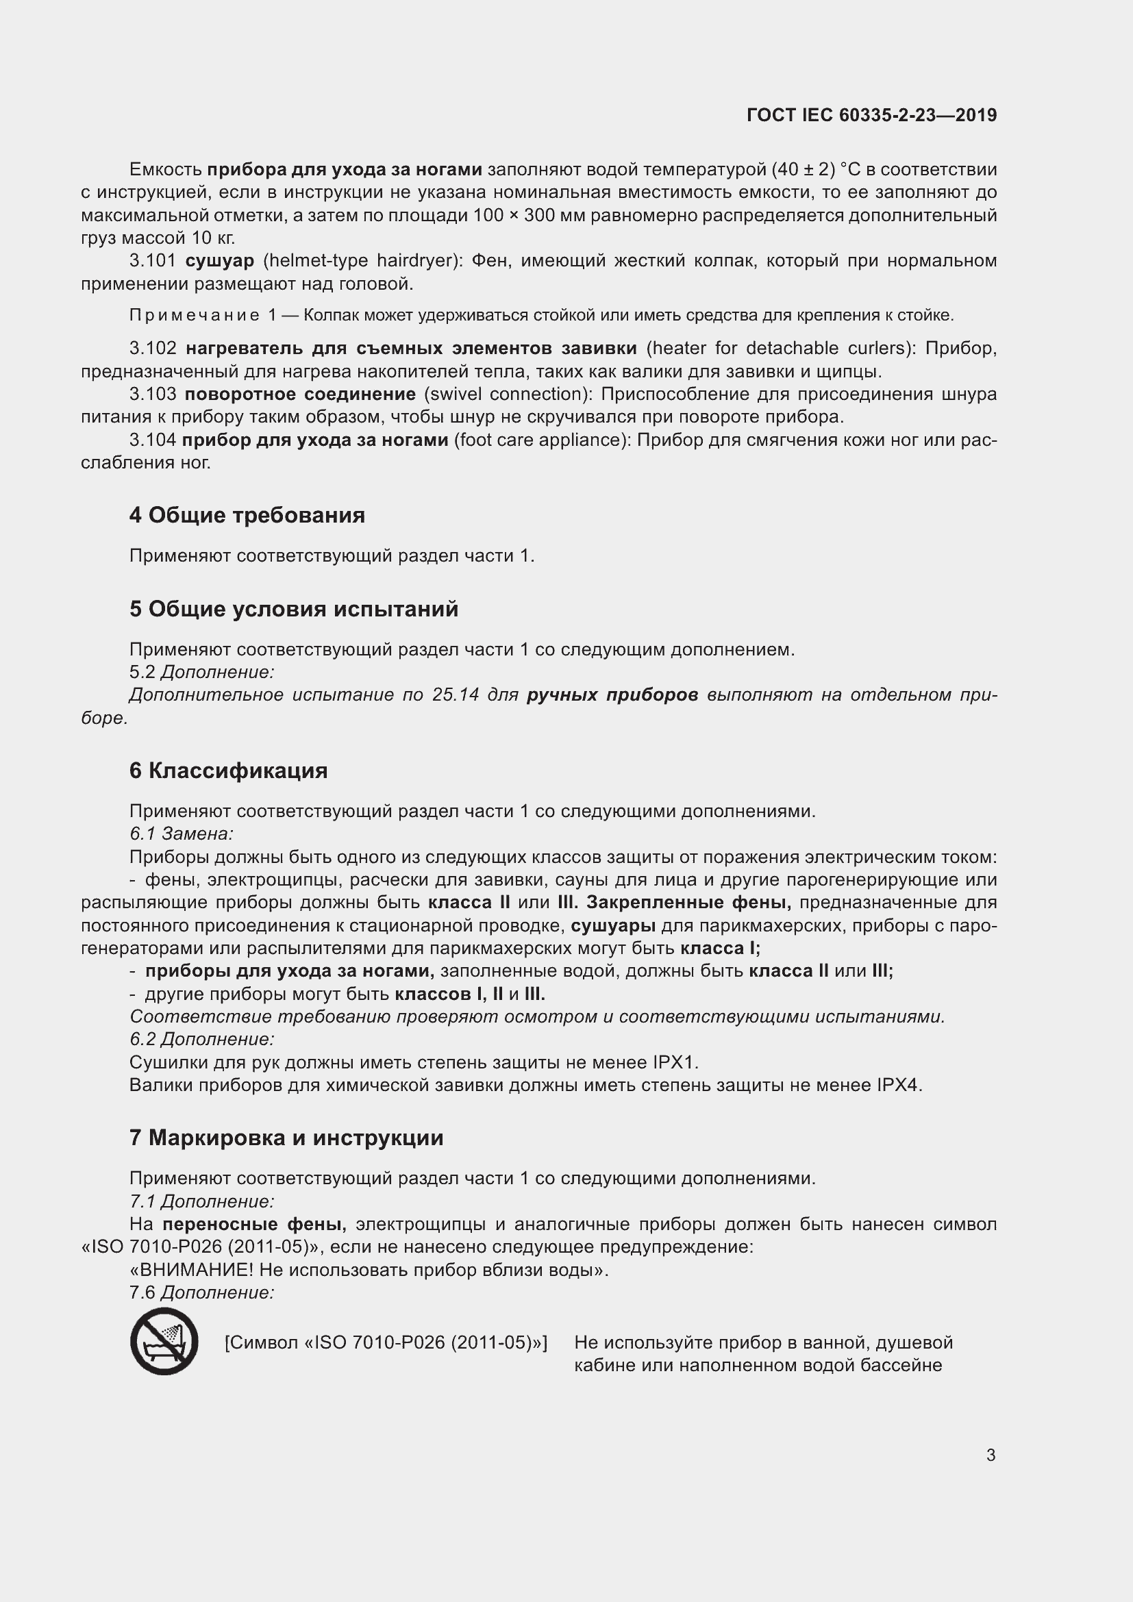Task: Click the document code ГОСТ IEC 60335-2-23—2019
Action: pos(871,115)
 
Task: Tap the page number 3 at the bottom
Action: pos(991,1455)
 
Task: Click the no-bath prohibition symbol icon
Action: pos(164,1341)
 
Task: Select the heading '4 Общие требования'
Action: pos(247,515)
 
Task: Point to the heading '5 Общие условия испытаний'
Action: pos(294,608)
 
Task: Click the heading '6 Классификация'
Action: pos(228,771)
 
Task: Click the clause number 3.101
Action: pos(153,261)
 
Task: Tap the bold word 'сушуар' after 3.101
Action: pos(220,261)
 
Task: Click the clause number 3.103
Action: pos(153,395)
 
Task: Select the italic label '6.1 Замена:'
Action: pos(182,834)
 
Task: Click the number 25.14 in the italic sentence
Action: pos(456,695)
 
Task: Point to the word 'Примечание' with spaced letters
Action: pos(195,315)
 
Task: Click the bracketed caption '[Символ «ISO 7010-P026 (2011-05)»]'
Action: pos(386,1342)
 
